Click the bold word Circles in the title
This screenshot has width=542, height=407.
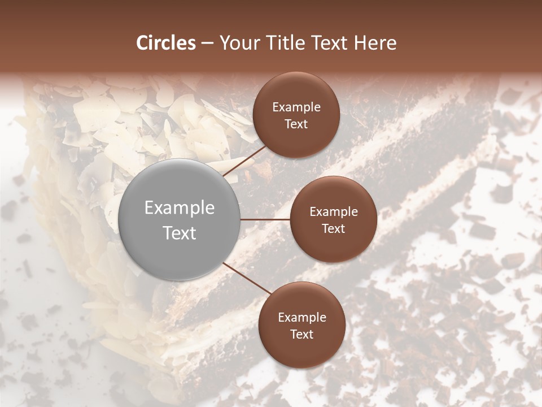pyautogui.click(x=165, y=43)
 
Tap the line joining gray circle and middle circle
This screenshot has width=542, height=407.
pyautogui.click(x=265, y=219)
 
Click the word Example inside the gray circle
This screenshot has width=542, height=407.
pyautogui.click(x=180, y=208)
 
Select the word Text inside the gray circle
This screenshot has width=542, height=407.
pyautogui.click(x=180, y=233)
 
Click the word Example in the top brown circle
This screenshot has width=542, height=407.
pyautogui.click(x=296, y=107)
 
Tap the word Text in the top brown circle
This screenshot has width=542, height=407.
pyautogui.click(x=296, y=124)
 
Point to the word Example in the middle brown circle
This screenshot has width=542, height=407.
pyautogui.click(x=334, y=212)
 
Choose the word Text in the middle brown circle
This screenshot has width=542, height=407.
pyautogui.click(x=334, y=228)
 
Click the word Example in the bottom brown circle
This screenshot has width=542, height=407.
pyautogui.click(x=302, y=318)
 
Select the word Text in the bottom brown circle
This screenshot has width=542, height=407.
pyautogui.click(x=302, y=334)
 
